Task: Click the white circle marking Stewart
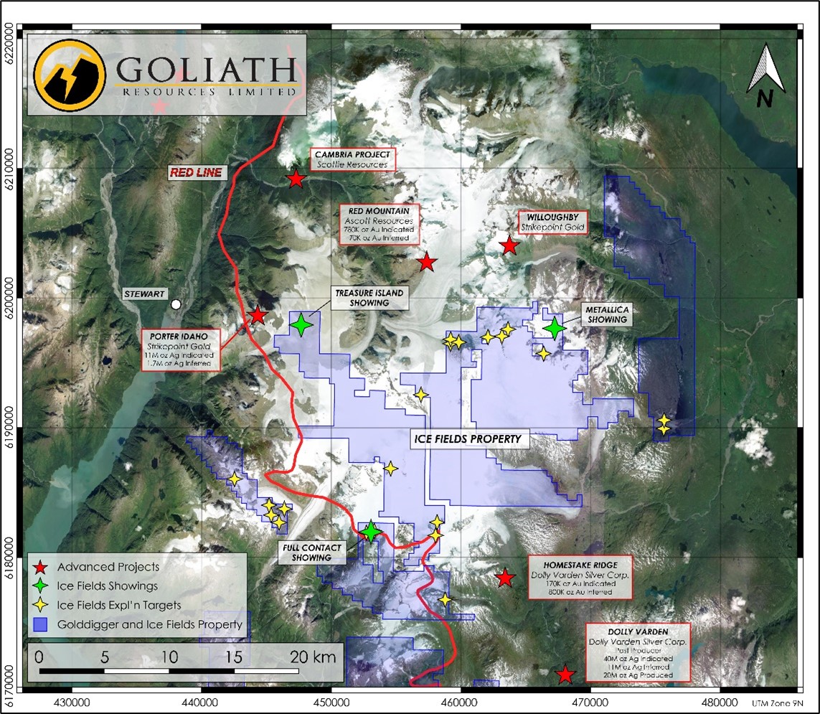tap(175, 304)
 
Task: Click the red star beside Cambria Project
tap(296, 179)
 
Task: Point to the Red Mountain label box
tap(379, 224)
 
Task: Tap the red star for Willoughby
tap(509, 246)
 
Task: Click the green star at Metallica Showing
tap(554, 328)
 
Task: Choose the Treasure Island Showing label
tap(369, 298)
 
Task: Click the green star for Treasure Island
tap(301, 326)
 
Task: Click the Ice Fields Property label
tap(470, 438)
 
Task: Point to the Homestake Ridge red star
tap(505, 578)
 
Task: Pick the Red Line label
tap(196, 172)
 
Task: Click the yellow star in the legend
tap(43, 605)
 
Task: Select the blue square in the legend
tap(43, 624)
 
